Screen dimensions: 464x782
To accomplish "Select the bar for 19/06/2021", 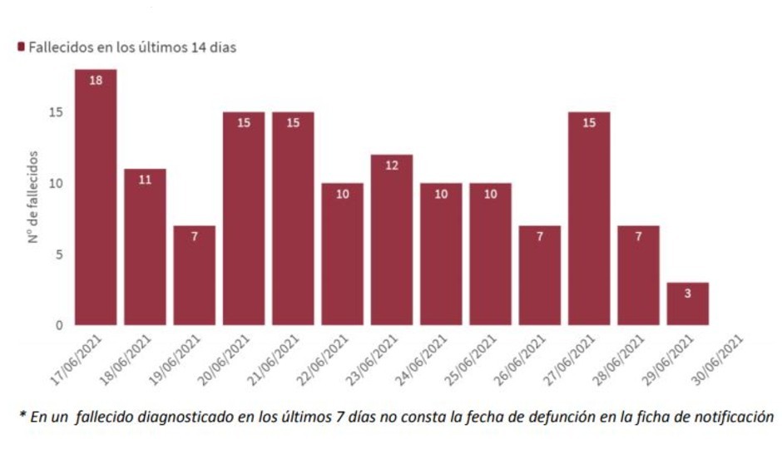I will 195,275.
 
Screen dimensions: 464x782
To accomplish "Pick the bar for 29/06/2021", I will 688,304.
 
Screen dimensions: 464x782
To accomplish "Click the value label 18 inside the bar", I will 96,81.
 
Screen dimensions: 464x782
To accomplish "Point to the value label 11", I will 145,180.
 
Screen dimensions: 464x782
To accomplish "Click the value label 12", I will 392,165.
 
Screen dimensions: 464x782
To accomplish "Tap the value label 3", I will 688,294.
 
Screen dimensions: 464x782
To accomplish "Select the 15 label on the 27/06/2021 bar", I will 589,123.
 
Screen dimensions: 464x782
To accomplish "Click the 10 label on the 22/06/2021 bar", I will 343,194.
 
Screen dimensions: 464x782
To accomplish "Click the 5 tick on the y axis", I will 60,254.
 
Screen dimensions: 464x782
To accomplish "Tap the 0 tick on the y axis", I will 60,325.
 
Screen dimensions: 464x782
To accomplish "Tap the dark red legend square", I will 21,47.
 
